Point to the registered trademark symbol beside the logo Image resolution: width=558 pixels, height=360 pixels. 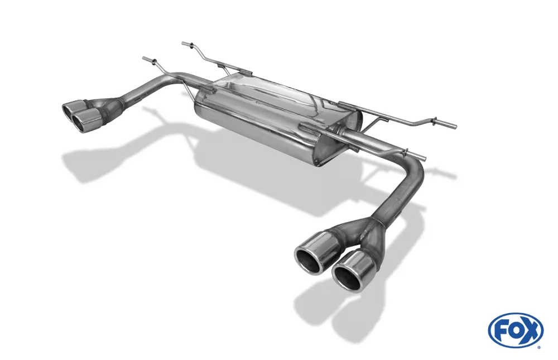(x=538, y=347)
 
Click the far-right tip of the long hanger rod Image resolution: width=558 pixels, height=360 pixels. (x=454, y=125)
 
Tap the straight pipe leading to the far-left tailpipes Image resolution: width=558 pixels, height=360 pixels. (x=151, y=89)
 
